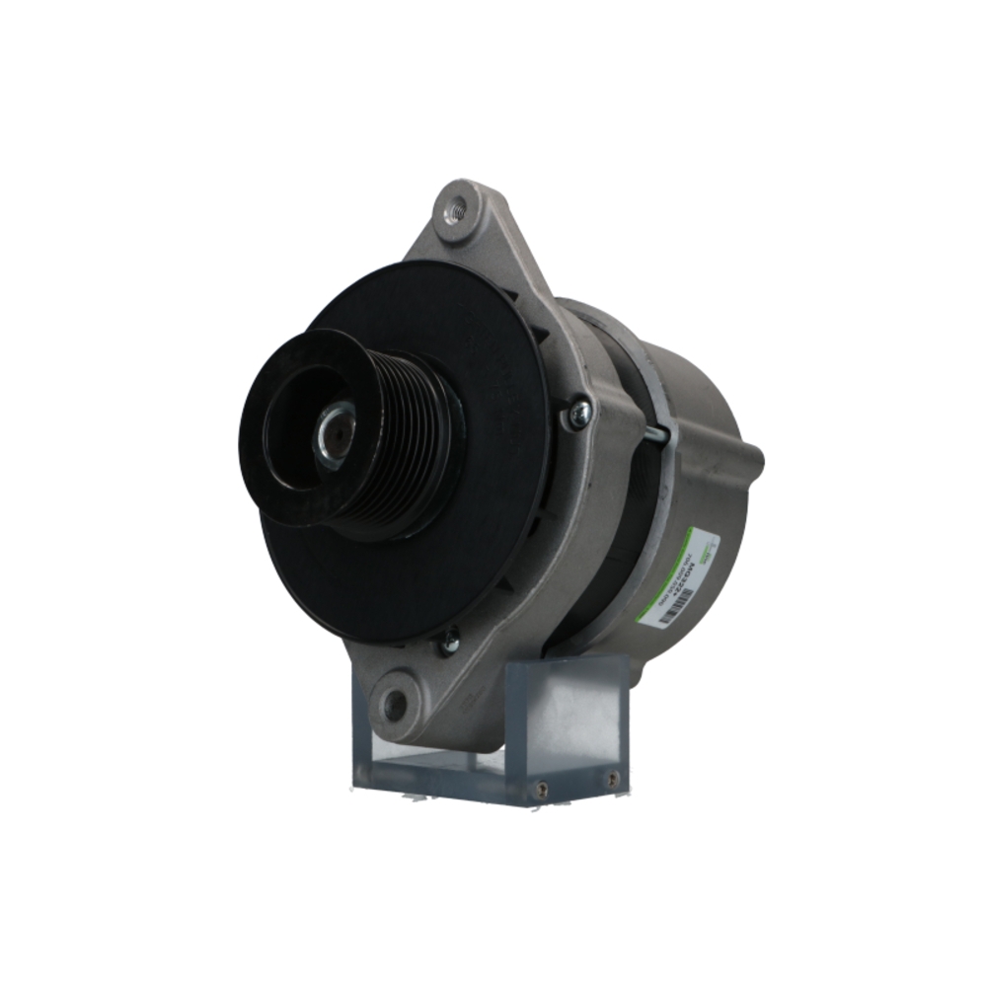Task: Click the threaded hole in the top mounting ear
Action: tap(455, 209)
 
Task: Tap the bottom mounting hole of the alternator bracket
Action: tap(394, 704)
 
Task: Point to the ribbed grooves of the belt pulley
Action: tap(415, 444)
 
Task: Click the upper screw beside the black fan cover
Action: tap(577, 414)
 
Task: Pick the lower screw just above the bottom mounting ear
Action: tap(449, 643)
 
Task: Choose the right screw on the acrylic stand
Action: tap(613, 779)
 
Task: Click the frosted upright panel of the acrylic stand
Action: tap(568, 711)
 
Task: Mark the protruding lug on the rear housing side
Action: tap(752, 456)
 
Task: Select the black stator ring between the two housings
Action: tap(632, 513)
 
